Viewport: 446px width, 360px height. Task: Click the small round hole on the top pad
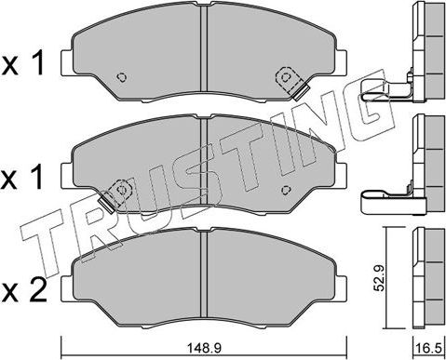tap(121, 77)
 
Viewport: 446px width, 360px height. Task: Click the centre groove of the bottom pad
tap(202, 275)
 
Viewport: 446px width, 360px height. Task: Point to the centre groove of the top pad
tap(202, 56)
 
